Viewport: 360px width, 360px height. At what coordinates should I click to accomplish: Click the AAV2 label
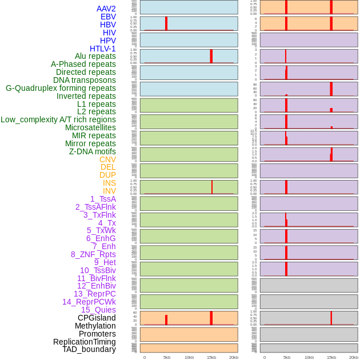106,9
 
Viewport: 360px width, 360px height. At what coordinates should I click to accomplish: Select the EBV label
108,17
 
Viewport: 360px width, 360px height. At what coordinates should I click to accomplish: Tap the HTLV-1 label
102,49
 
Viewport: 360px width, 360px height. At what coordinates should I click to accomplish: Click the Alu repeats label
95,56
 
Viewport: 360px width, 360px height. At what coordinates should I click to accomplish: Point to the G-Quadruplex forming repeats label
61,88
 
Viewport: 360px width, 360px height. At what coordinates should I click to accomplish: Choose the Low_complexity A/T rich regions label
58,119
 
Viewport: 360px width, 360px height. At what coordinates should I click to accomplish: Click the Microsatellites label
90,127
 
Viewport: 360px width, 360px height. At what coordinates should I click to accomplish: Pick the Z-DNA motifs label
92,151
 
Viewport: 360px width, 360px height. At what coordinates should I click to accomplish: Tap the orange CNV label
107,159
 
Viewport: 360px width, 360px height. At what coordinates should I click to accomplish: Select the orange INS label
109,183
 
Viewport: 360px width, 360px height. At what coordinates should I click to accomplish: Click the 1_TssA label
103,199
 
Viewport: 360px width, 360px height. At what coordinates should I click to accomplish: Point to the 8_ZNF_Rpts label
93,254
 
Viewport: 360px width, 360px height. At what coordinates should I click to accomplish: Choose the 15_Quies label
98,310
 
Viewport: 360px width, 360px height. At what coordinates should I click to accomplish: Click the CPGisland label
97,318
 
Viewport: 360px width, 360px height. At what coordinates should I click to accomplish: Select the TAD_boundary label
89,349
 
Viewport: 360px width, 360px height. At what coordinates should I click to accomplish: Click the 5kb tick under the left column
167,357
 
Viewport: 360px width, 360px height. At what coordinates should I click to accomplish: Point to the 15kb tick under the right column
331,357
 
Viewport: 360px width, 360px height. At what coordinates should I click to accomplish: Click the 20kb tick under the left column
234,357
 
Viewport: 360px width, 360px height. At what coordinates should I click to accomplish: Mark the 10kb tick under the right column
309,357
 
